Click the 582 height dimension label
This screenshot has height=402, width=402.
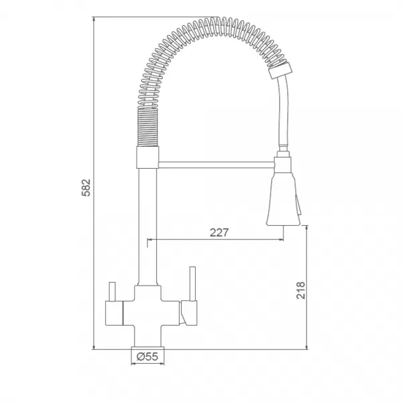pos(86,188)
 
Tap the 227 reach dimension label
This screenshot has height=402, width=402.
pos(219,232)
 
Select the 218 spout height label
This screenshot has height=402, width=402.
pos(301,290)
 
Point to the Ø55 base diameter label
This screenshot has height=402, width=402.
pos(147,356)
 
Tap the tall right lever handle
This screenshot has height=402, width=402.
pos(192,283)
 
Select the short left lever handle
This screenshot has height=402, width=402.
pos(113,291)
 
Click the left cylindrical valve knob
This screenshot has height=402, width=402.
pos(115,313)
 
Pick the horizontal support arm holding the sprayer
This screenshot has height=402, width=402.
pos(216,165)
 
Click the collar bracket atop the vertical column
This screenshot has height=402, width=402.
pos(147,157)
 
